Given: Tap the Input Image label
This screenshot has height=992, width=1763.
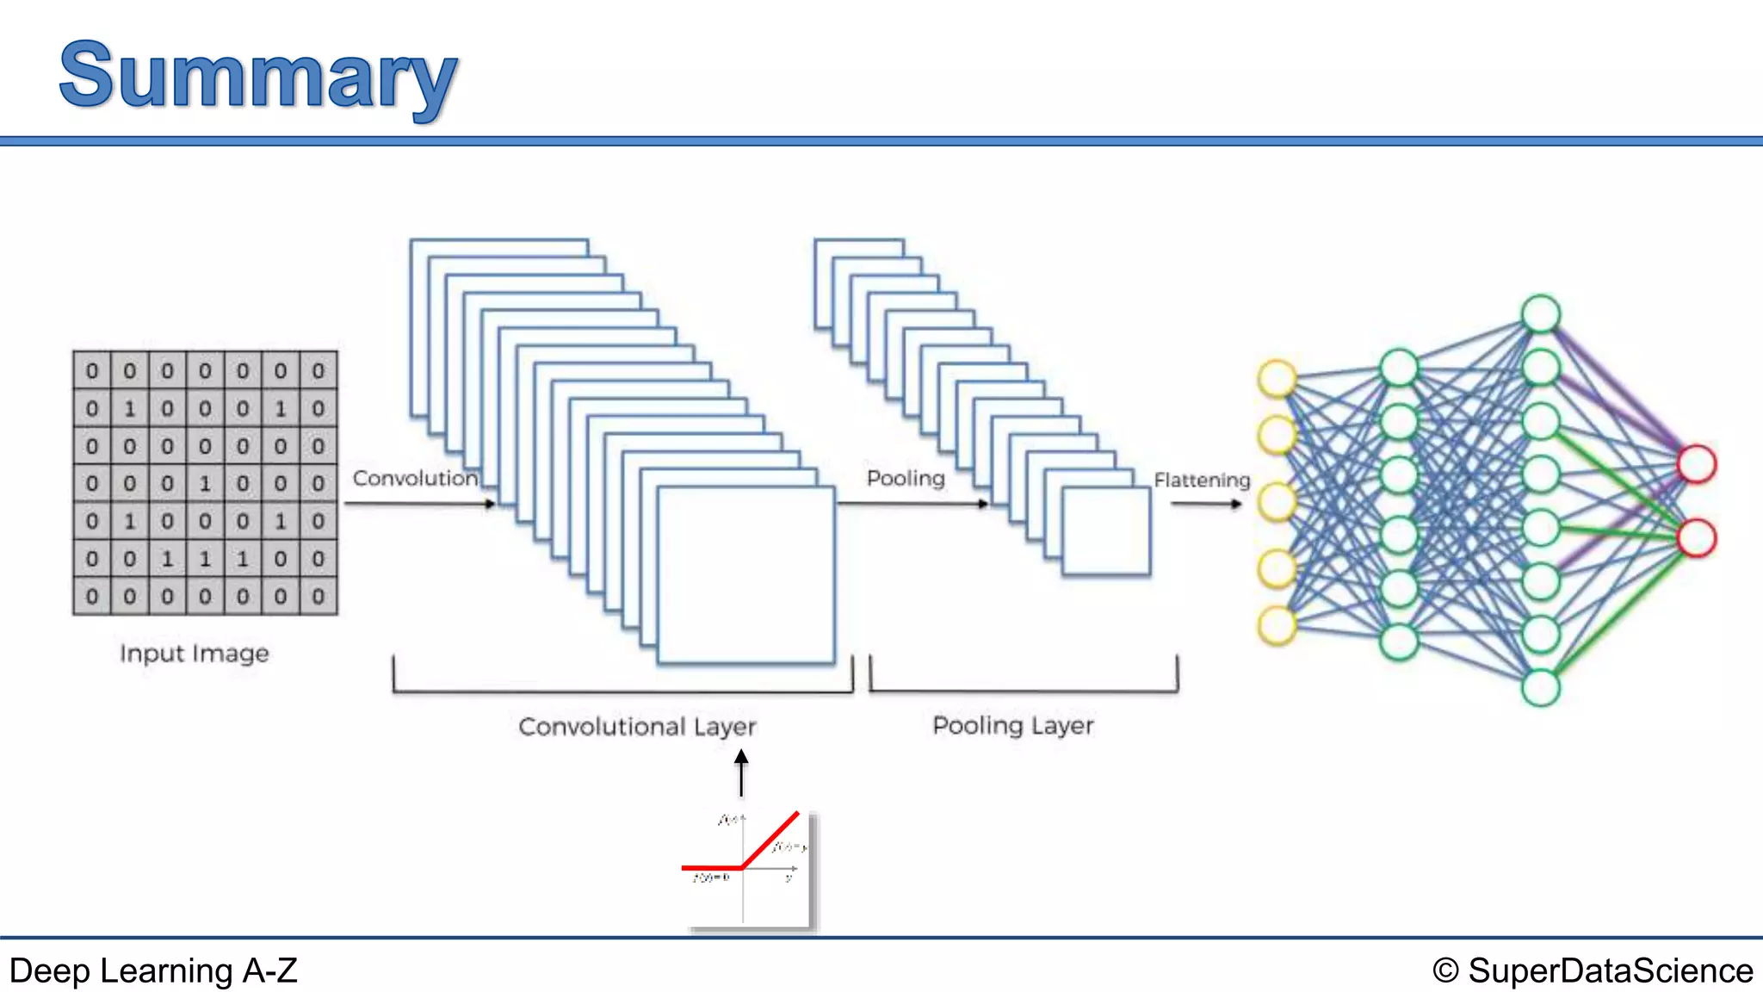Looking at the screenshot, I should click(x=195, y=654).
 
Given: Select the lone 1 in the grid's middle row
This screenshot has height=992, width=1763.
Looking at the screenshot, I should click(x=205, y=484).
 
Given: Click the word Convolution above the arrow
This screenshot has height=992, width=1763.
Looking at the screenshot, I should click(x=415, y=478).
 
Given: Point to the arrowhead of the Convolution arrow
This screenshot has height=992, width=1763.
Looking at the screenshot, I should click(x=490, y=504).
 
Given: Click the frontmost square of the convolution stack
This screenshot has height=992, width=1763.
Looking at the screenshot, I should click(x=745, y=575).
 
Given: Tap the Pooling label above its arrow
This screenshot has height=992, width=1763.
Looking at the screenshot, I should click(x=906, y=478).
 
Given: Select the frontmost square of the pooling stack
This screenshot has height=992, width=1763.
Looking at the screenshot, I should click(x=1106, y=530).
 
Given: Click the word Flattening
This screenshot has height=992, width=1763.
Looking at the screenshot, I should click(x=1202, y=480).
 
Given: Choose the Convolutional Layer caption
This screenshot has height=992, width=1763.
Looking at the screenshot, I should click(x=637, y=727).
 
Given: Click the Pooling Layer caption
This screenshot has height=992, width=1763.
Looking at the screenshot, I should click(x=1013, y=725).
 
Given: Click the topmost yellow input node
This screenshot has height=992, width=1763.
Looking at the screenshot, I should click(x=1277, y=378).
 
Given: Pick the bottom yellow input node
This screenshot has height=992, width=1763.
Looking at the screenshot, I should click(x=1277, y=626).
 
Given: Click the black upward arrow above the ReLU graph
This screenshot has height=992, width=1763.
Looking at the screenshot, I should click(x=741, y=772).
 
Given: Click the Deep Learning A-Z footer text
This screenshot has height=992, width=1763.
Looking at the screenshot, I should click(x=153, y=970).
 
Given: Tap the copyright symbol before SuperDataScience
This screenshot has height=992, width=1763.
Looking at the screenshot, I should click(x=1445, y=970).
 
